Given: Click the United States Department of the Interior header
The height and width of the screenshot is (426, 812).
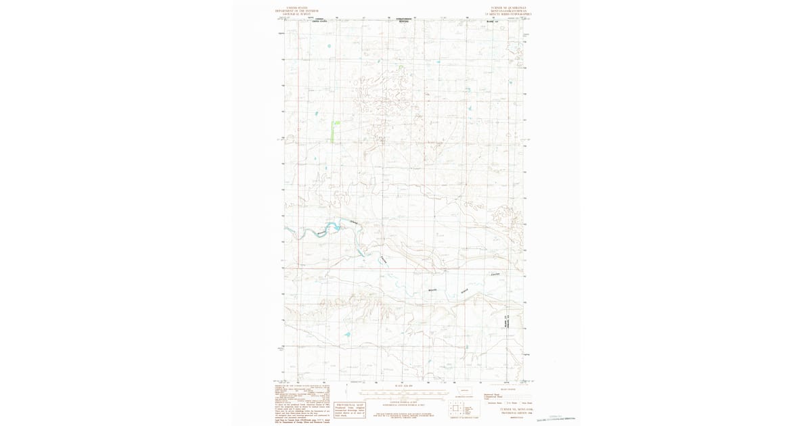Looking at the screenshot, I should coord(296,11).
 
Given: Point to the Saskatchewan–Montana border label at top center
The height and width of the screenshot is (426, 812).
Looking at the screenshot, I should coord(404,20).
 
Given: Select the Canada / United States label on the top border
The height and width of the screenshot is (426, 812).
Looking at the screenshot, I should coord(319,20).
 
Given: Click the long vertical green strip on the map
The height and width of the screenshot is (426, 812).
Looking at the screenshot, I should coord(332,131).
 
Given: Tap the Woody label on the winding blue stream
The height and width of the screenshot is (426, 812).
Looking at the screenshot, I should coord(433,289).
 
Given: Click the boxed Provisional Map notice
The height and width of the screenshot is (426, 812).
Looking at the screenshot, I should coord(349,408).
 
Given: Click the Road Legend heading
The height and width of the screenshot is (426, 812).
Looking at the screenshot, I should coord(507,389).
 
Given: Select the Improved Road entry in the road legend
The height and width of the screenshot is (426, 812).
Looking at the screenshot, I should coord(492,394).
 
